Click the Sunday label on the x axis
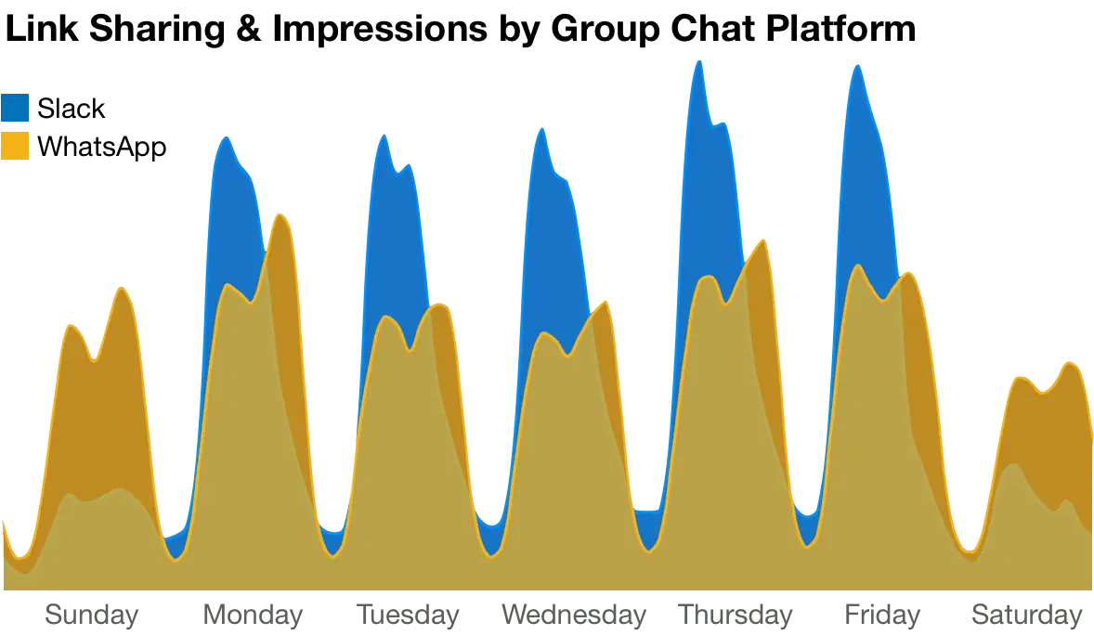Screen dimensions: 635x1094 click(92, 615)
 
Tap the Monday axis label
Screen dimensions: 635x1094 click(254, 615)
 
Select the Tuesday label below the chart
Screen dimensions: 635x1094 click(409, 615)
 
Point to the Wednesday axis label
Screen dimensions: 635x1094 click(573, 615)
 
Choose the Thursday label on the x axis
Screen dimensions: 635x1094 click(736, 615)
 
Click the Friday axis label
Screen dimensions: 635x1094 click(882, 615)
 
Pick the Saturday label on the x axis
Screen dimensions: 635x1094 click(1026, 615)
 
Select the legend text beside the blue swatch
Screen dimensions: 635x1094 click(73, 108)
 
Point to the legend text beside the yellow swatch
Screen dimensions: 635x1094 click(102, 147)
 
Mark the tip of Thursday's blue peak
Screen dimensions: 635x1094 click(698, 61)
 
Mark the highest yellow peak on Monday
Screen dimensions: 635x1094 click(280, 215)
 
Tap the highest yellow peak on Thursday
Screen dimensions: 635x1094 click(762, 240)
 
